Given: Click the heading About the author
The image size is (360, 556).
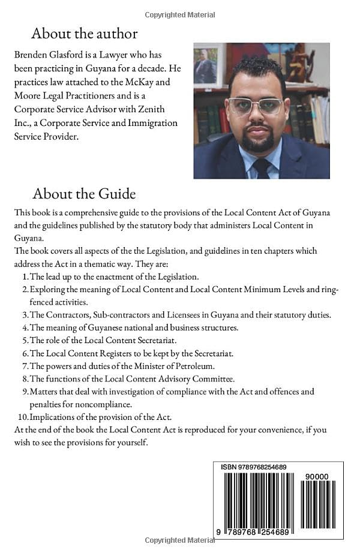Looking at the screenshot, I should tap(84, 33).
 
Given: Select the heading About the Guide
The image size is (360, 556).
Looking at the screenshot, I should tap(84, 194).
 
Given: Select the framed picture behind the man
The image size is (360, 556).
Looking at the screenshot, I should tap(206, 65).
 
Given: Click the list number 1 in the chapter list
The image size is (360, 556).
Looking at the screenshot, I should tap(25, 277).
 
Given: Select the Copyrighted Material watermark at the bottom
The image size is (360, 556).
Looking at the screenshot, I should tap(180, 540).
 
